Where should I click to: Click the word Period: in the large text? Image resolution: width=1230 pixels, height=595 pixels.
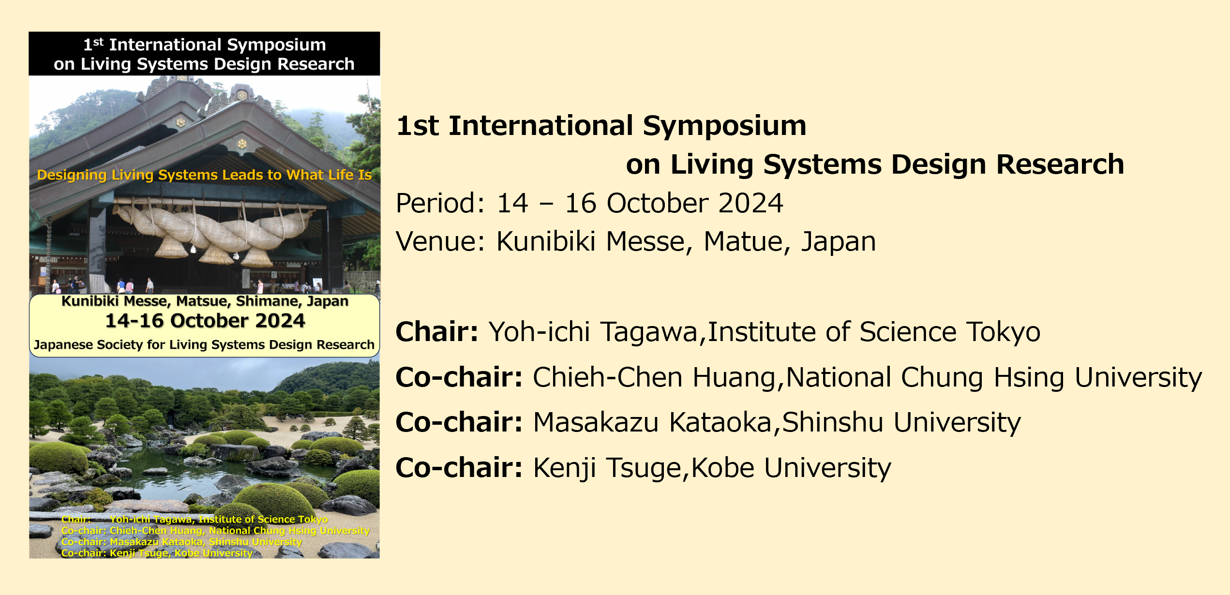[440, 203]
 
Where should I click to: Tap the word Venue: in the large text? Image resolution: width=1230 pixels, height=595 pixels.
[440, 241]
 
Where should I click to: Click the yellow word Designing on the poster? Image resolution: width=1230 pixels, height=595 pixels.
[72, 175]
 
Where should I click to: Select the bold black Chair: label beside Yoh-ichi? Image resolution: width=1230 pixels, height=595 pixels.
[437, 332]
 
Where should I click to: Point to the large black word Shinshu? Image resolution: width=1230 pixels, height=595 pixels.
[833, 422]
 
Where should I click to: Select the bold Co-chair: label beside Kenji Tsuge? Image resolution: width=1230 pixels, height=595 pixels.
[459, 468]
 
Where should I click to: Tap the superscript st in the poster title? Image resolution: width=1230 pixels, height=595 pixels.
[98, 42]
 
